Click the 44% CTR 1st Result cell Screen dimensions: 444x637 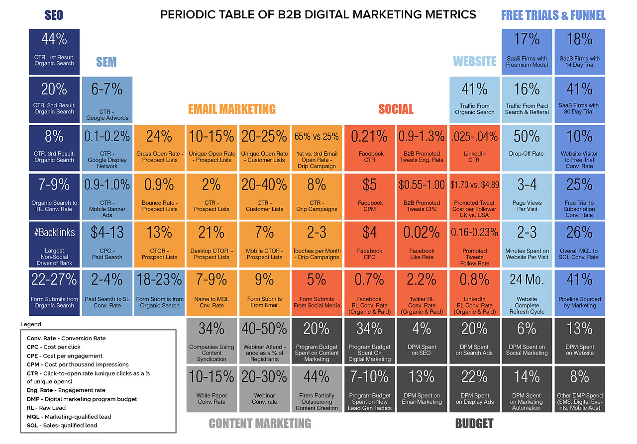tap(54, 49)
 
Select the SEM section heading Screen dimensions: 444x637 tap(106, 62)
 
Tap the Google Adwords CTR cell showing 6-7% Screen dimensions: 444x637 tap(107, 99)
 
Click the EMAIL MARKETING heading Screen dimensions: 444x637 tap(232, 109)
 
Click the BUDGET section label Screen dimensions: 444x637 tap(474, 424)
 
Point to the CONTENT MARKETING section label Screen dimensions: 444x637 tap(260, 424)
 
